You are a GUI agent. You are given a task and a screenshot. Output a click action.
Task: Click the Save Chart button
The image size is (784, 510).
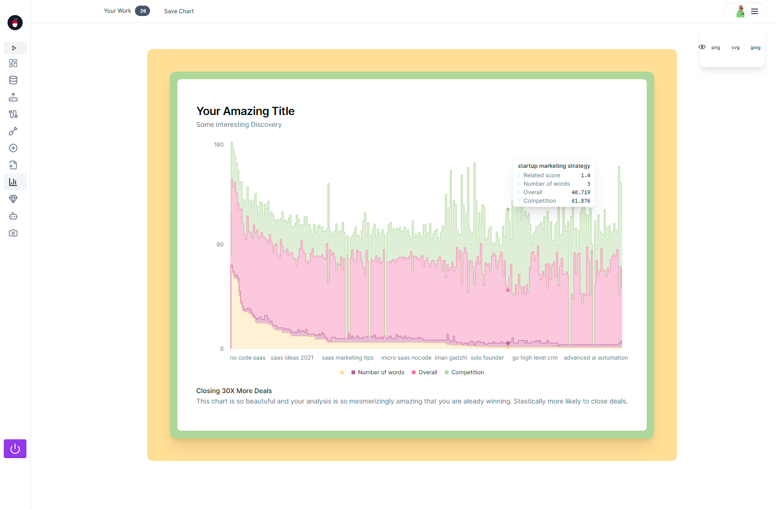click(x=179, y=11)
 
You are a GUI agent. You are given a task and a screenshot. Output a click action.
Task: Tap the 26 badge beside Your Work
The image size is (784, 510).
click(x=142, y=11)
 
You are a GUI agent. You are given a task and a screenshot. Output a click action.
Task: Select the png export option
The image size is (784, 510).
click(x=716, y=48)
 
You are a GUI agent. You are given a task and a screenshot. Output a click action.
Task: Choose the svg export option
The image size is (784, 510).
click(x=735, y=48)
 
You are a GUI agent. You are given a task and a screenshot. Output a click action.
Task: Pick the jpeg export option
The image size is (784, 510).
click(x=755, y=48)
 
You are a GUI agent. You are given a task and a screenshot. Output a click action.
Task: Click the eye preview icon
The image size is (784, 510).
click(x=702, y=47)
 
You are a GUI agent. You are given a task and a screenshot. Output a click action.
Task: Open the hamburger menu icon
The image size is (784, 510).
click(x=755, y=11)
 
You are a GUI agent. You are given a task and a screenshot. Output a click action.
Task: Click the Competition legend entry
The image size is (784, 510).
click(x=467, y=372)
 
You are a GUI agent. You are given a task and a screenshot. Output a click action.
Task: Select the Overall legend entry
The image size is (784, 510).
click(x=427, y=372)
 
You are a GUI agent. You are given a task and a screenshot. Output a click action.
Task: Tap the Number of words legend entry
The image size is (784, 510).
click(x=381, y=372)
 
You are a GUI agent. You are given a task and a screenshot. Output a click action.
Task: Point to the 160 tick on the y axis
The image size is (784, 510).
click(x=219, y=145)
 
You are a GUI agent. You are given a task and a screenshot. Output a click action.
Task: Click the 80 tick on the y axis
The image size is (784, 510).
click(x=220, y=245)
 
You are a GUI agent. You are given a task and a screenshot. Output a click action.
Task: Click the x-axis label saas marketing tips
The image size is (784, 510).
click(x=348, y=358)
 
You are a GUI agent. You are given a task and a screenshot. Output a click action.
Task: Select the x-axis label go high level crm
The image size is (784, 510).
click(x=535, y=358)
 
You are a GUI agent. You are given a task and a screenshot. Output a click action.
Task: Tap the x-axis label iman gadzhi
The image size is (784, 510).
click(x=451, y=358)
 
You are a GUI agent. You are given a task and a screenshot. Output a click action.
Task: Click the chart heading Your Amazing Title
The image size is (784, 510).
click(x=245, y=111)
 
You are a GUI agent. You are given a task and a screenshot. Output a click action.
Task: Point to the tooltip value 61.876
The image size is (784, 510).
click(x=581, y=201)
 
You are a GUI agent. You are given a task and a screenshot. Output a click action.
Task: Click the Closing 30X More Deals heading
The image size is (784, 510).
click(x=234, y=391)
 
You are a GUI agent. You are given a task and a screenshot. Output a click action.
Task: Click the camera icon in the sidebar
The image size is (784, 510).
click(x=13, y=233)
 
